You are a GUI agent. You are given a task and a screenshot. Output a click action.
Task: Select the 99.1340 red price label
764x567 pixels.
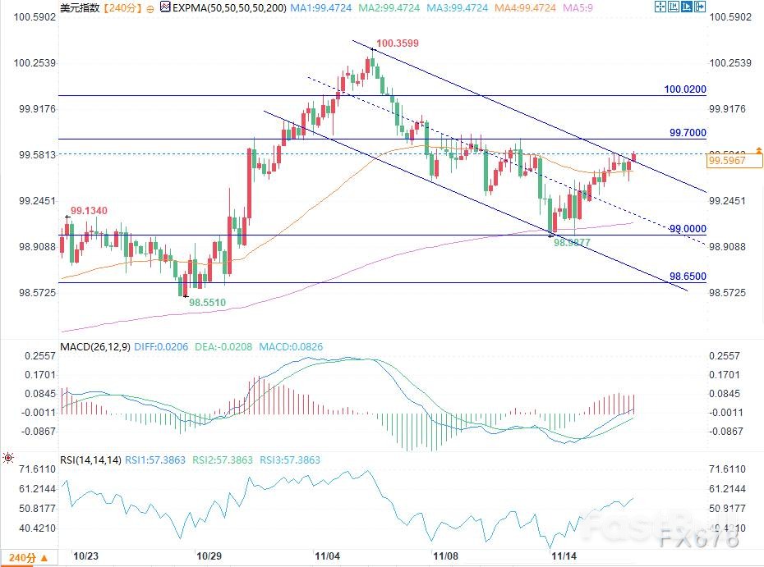90,211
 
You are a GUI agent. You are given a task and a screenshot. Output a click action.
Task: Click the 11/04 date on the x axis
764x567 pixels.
328,556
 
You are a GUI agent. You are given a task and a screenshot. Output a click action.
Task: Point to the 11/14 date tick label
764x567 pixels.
564,556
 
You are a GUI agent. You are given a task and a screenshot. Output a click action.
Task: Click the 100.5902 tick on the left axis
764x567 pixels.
31,17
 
